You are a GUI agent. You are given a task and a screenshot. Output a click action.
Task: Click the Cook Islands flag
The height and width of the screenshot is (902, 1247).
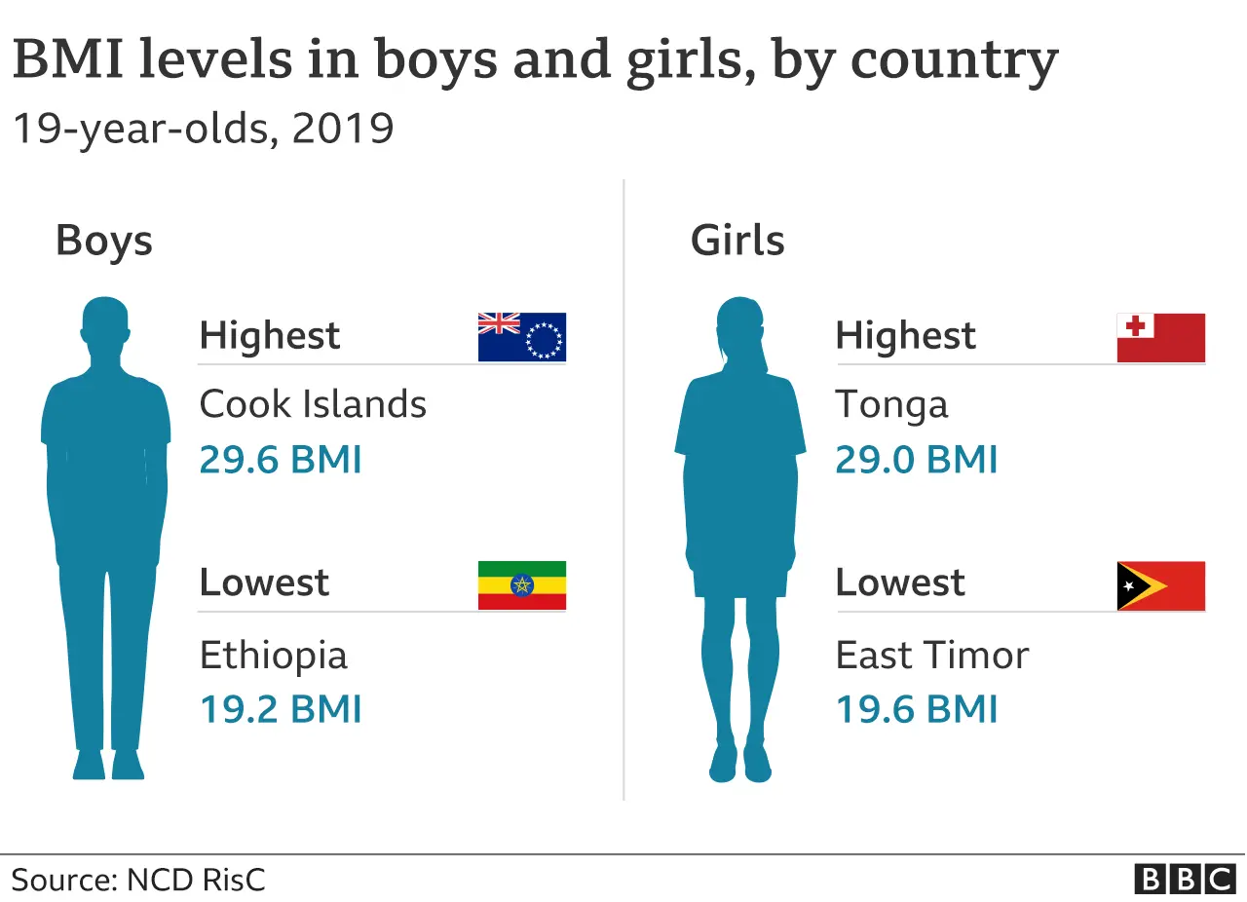[x=521, y=337]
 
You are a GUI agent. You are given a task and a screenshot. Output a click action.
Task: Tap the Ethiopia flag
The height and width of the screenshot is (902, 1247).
[x=521, y=585]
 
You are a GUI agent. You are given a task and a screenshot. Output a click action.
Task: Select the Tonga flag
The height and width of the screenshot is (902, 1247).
[x=1160, y=337]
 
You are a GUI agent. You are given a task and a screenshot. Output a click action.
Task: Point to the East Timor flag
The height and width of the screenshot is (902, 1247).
[x=1160, y=585]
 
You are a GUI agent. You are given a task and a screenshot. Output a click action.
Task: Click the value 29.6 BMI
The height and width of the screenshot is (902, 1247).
[x=281, y=460]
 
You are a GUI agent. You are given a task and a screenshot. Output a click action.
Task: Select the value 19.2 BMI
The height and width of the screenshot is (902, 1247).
[x=281, y=709]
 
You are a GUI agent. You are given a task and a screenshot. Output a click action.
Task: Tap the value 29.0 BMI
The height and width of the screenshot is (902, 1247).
[x=917, y=460]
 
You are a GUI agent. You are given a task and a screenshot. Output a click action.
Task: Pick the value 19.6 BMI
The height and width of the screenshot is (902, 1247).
[x=917, y=709]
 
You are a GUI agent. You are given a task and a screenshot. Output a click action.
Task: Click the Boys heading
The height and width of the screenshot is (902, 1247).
[x=104, y=241]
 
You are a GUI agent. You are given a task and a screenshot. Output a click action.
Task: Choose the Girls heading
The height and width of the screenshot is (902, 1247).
[x=737, y=241]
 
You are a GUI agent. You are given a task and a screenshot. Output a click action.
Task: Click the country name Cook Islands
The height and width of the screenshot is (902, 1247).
[x=313, y=404]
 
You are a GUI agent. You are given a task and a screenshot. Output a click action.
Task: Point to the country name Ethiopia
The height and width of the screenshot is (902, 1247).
[x=273, y=655]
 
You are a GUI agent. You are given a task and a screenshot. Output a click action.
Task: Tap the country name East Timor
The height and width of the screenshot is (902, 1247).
[x=932, y=655]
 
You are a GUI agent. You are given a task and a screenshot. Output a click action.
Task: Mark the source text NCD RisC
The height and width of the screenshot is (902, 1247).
[x=195, y=880]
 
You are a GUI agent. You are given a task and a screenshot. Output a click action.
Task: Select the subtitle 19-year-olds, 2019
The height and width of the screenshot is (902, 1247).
[x=203, y=128]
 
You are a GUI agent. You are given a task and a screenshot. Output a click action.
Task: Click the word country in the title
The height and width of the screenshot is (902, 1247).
[x=954, y=61]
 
